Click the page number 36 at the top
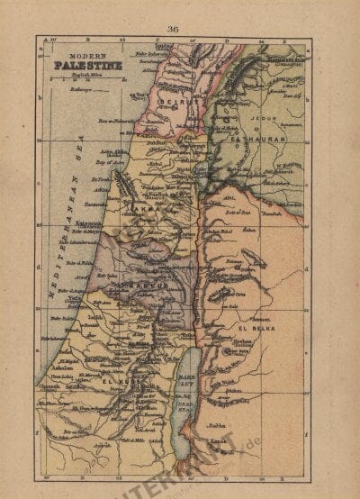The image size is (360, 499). pyautogui.click(x=172, y=29)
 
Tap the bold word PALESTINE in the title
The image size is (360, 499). pyautogui.click(x=80, y=65)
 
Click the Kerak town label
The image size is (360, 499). pyautogui.click(x=244, y=445)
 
